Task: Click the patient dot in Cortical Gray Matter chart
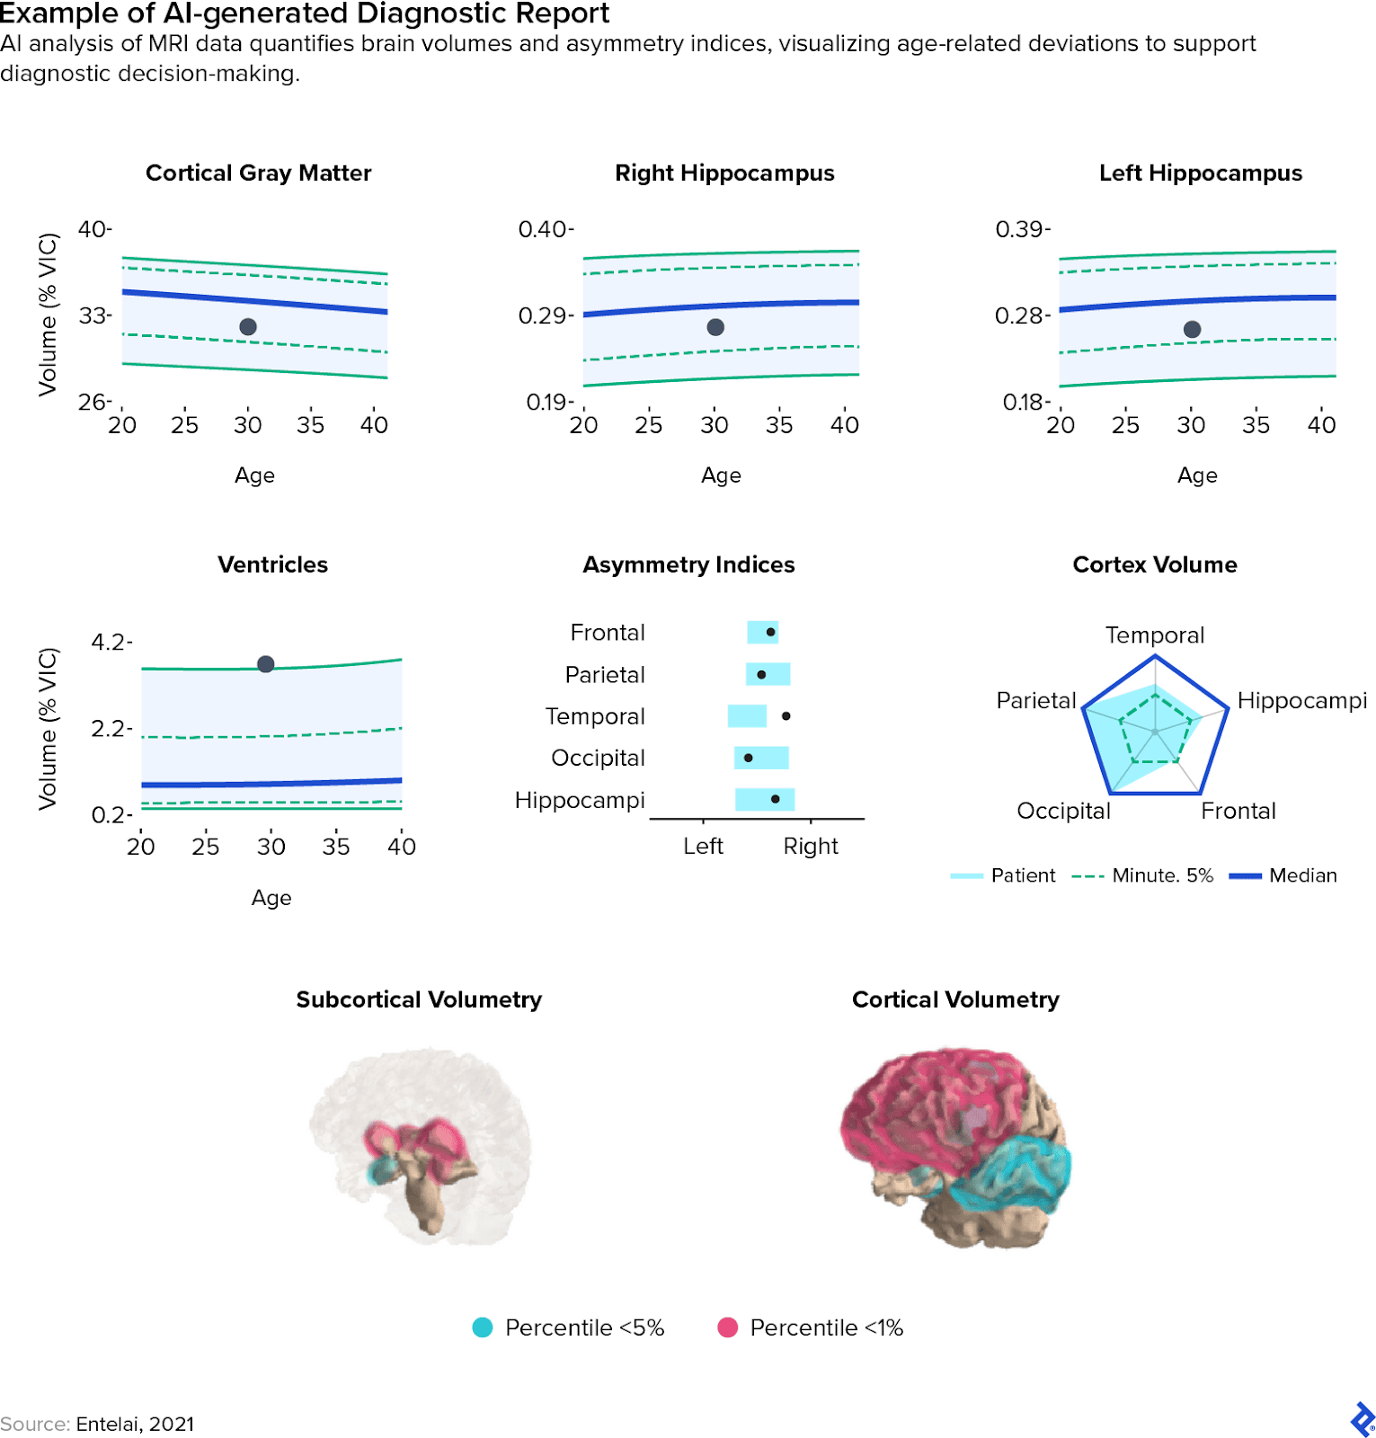click(248, 327)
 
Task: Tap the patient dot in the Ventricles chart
click(265, 664)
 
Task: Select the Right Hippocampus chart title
click(724, 173)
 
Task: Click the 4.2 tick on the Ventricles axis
click(110, 643)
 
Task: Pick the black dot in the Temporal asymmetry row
click(786, 716)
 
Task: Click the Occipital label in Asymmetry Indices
click(598, 759)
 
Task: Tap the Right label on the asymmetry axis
click(810, 847)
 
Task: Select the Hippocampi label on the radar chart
click(1301, 701)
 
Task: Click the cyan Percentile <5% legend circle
click(483, 1327)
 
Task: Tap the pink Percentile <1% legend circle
click(728, 1327)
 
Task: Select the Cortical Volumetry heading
click(955, 1000)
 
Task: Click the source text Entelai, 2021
click(135, 1425)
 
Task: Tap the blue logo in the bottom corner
click(1362, 1420)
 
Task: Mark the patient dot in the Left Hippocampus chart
click(1192, 330)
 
